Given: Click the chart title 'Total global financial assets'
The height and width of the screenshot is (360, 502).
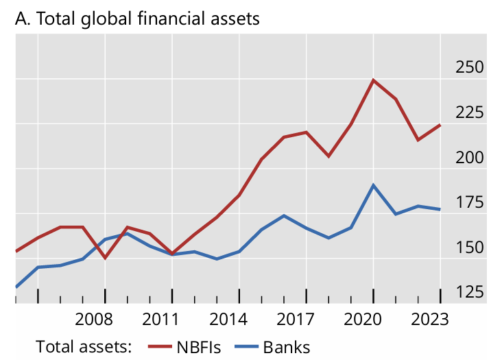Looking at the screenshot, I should click(x=137, y=19).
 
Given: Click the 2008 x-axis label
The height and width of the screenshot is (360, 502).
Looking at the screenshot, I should click(x=94, y=320).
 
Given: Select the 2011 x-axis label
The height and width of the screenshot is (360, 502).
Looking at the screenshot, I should click(x=161, y=320).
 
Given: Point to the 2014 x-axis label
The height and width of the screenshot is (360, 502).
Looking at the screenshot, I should click(x=228, y=320).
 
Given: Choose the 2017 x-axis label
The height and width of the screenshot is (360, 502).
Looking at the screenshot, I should click(x=296, y=320).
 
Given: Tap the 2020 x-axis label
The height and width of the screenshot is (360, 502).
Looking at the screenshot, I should click(x=363, y=320).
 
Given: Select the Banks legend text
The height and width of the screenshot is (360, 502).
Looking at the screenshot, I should click(x=287, y=346).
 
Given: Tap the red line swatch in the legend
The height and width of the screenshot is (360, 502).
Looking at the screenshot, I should click(x=161, y=347).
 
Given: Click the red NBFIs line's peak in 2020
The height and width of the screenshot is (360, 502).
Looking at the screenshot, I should click(x=373, y=80).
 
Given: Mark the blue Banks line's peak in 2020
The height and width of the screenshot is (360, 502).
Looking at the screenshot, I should click(x=373, y=185).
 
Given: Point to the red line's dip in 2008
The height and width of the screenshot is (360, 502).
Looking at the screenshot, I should click(x=105, y=258).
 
